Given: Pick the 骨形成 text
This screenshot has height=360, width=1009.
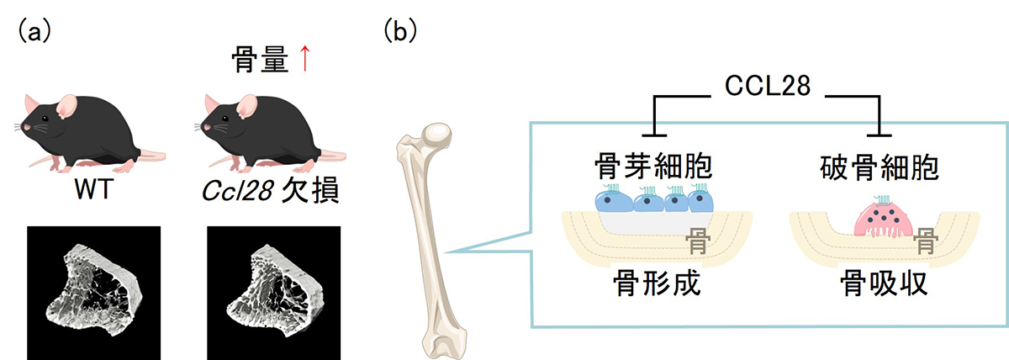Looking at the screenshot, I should tap(656, 285).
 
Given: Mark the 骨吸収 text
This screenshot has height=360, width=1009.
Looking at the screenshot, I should tap(883, 285).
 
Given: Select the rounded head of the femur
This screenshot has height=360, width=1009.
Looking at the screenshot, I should tap(438, 135).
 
